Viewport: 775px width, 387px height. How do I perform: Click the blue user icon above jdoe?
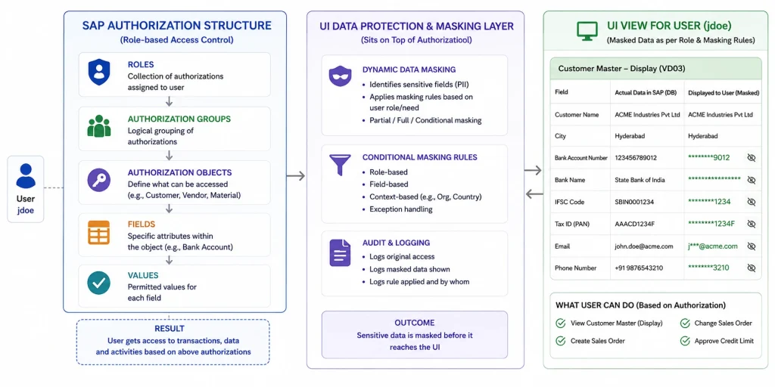click(26, 176)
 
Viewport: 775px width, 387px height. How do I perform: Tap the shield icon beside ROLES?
click(99, 72)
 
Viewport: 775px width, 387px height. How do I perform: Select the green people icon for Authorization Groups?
click(99, 126)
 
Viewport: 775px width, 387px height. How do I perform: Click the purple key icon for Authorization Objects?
click(99, 180)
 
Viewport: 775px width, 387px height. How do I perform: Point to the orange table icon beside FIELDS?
click(99, 233)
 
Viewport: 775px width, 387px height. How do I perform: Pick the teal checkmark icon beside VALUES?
click(99, 283)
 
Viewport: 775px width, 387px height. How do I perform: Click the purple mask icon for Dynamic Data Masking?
click(340, 76)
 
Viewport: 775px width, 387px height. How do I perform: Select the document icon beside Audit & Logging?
click(340, 252)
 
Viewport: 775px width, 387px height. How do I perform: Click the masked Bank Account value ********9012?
click(708, 157)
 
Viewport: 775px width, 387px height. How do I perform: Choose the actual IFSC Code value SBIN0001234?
click(635, 202)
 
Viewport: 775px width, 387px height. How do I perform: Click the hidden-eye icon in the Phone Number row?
click(752, 268)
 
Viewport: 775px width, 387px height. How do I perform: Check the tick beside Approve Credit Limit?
click(685, 341)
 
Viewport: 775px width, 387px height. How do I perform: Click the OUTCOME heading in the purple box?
click(415, 323)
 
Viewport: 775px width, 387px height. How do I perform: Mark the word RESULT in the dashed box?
click(170, 328)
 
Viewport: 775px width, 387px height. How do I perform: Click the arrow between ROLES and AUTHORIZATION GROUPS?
click(169, 101)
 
